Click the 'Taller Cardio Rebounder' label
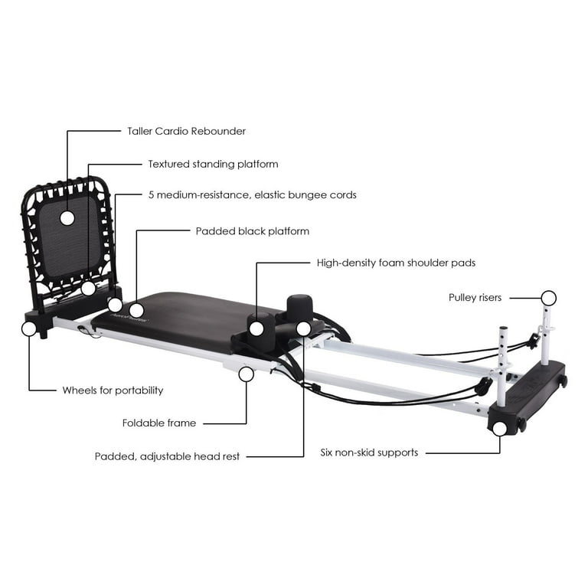coord(186,131)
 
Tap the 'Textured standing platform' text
coord(213,165)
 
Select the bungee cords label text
coord(253,195)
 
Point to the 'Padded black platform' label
coord(253,231)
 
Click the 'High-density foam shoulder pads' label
coord(396,263)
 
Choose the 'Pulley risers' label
coord(475,298)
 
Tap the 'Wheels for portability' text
coord(113,390)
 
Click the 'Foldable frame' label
coord(159,423)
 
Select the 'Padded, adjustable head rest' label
coord(167,456)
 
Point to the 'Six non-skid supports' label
coord(369,452)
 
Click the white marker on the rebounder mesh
coord(67,218)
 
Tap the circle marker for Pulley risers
coord(549,298)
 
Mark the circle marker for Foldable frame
coord(247,374)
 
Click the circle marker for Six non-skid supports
coord(499,429)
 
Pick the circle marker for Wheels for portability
coord(29,328)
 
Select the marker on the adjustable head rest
coord(303,329)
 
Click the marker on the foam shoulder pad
coord(256,329)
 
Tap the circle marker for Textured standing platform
coord(89,289)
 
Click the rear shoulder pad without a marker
coord(299,306)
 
